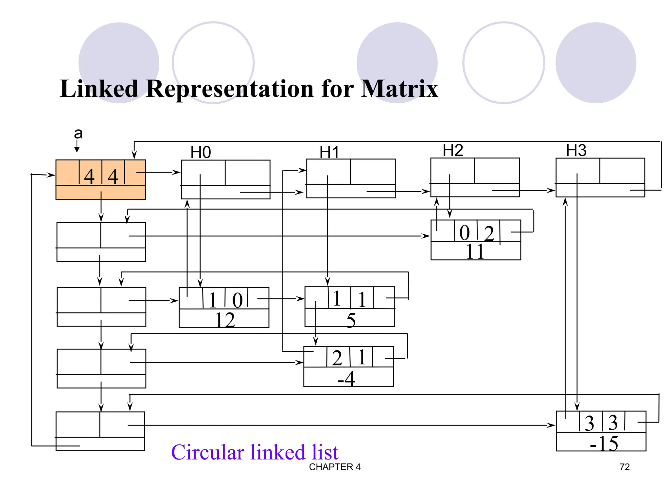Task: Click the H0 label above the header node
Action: point(201,152)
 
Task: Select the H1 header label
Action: point(329,152)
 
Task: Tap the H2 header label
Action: point(453,150)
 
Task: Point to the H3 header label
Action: point(576,150)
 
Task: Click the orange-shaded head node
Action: point(100,179)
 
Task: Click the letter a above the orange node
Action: point(78,133)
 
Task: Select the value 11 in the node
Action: point(475,252)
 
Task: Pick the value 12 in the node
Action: point(225,320)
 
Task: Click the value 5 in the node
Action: point(351,320)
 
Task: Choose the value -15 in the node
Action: point(604,443)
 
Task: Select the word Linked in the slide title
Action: point(99,89)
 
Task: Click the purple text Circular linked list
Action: point(255,452)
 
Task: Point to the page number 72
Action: point(625,467)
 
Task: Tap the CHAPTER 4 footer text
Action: point(335,467)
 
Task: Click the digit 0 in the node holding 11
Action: point(465,233)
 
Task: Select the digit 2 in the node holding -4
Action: point(337,358)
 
